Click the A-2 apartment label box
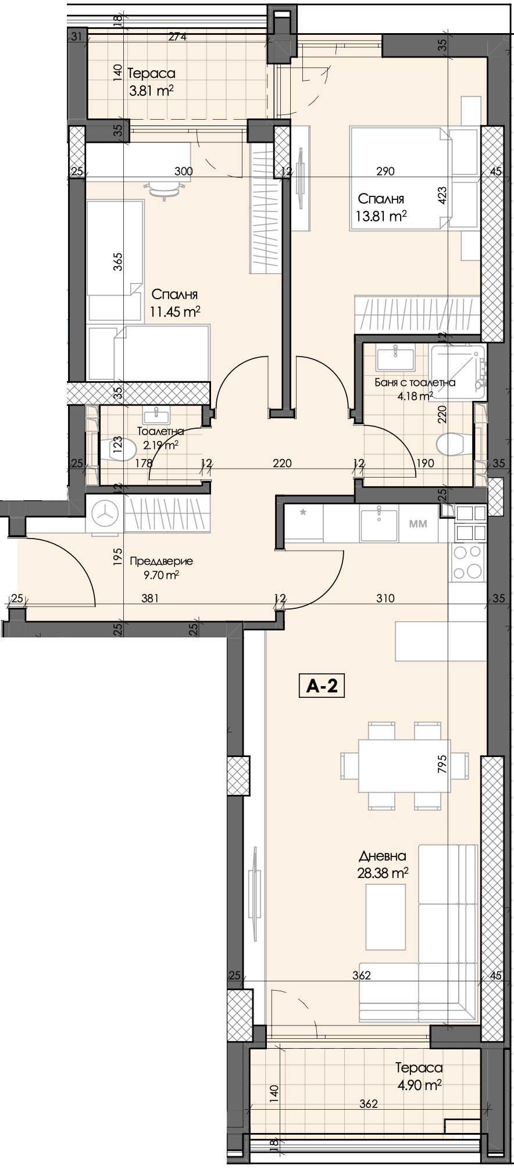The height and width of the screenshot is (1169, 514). click(322, 686)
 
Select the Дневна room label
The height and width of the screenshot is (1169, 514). click(382, 856)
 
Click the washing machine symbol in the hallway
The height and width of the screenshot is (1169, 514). click(105, 514)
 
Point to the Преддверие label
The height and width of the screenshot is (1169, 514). click(161, 561)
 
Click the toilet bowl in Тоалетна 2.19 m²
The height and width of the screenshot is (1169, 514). click(120, 449)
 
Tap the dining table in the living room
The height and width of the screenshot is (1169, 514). click(404, 766)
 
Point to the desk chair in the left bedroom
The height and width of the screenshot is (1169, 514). click(166, 189)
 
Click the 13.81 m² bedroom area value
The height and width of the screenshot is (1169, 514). click(381, 217)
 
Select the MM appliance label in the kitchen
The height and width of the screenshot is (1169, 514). click(418, 523)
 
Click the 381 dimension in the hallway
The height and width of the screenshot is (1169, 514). click(150, 598)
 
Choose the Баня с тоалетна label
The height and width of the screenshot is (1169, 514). click(414, 382)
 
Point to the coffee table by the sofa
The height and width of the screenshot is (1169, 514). click(385, 916)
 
